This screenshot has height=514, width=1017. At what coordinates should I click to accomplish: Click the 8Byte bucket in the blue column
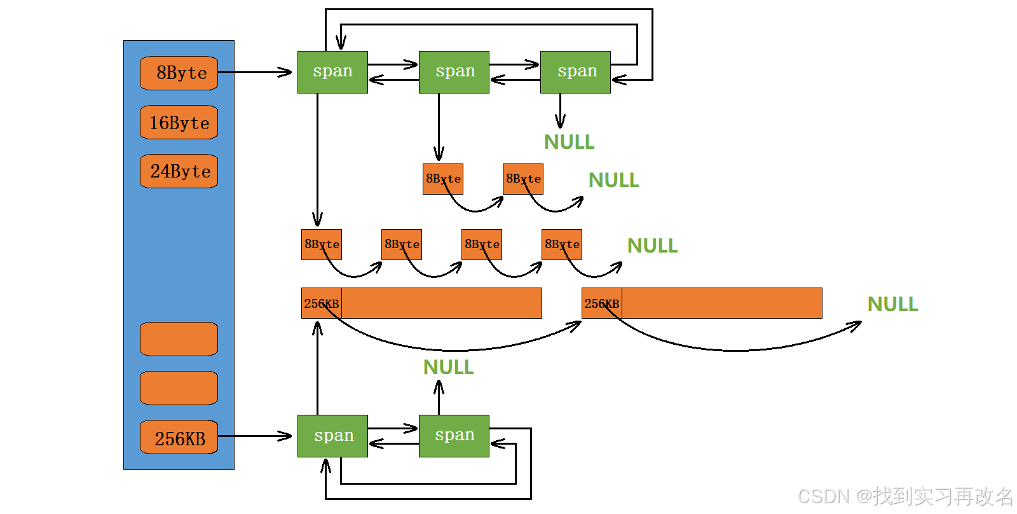[x=179, y=73]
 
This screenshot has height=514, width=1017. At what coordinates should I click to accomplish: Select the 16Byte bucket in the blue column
[x=179, y=122]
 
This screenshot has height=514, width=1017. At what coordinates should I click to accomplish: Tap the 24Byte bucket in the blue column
[x=179, y=171]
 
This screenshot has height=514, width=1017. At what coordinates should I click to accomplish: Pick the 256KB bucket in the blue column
[x=179, y=438]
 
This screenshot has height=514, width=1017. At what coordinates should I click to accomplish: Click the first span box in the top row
[x=332, y=72]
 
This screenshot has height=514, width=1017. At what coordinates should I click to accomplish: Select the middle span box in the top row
[x=454, y=72]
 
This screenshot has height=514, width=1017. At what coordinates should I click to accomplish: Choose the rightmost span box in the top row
[x=575, y=72]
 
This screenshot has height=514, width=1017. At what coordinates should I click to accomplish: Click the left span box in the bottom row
[x=332, y=436]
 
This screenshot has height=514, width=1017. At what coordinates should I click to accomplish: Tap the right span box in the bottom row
[x=454, y=436]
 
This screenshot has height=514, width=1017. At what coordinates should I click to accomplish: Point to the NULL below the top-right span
[x=569, y=142]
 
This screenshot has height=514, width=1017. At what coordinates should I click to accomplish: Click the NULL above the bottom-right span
[x=448, y=367]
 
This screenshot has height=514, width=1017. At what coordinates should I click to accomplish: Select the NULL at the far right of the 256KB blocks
[x=892, y=304]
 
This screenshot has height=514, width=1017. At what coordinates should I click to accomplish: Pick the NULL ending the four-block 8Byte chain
[x=652, y=246]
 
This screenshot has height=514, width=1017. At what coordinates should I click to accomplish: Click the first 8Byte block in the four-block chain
[x=322, y=244]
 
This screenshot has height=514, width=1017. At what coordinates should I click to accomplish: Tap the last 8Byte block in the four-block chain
[x=562, y=244]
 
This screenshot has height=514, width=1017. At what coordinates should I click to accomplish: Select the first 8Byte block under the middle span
[x=443, y=179]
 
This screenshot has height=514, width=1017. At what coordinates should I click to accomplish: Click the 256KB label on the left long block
[x=322, y=303]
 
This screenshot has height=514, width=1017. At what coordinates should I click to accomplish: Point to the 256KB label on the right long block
[x=601, y=303]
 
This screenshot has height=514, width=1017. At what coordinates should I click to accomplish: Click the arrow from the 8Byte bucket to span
[x=254, y=73]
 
